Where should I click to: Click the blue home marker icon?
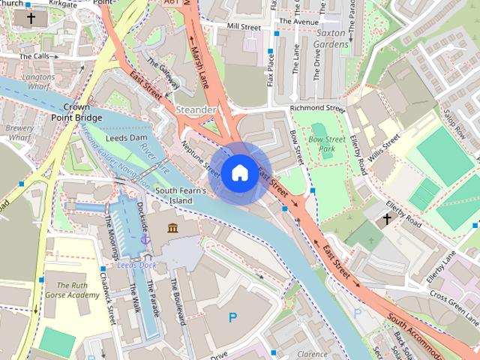click(x=238, y=172)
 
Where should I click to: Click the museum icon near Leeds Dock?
click(x=172, y=228)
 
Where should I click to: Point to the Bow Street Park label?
click(x=326, y=144)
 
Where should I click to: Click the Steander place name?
click(x=195, y=109)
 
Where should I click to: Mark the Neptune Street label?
click(x=201, y=157)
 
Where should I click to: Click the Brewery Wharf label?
click(x=20, y=133)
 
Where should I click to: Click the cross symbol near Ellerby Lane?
click(x=387, y=219)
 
